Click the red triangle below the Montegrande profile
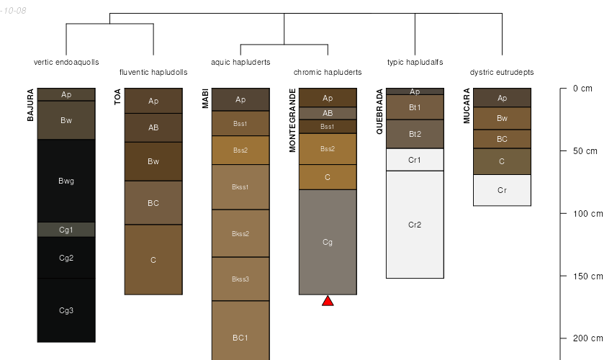328,300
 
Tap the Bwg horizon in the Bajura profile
66,181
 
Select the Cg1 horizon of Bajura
66,230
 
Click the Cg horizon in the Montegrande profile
328,242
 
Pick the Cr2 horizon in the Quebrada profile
415,225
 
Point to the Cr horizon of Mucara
502,190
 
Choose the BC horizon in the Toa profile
153,203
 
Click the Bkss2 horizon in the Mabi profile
240,233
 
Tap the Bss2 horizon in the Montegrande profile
328,149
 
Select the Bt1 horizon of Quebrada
415,107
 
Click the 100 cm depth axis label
587,214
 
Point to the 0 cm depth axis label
582,89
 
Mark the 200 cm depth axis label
587,338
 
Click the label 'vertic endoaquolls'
66,62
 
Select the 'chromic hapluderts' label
328,72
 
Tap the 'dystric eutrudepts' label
502,72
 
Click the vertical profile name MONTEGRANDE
293,120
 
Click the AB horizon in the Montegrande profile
328,113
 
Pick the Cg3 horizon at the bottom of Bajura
66,310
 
